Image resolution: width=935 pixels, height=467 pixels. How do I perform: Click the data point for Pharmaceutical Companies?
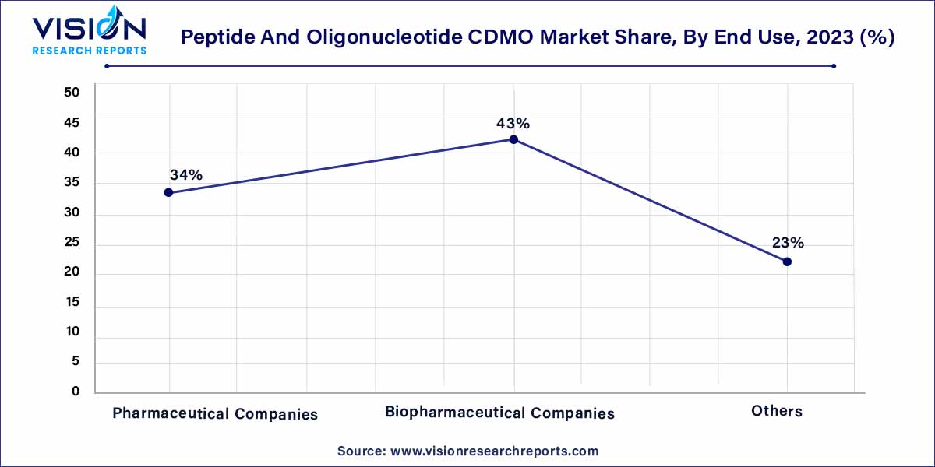(168, 192)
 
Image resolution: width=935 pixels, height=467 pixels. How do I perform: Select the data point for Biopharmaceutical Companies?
(513, 139)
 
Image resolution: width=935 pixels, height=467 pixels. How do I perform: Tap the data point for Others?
(787, 262)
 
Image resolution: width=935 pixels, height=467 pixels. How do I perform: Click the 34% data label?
(186, 175)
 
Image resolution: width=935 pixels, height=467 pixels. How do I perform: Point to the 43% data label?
(513, 123)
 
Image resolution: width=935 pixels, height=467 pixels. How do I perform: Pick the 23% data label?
(788, 243)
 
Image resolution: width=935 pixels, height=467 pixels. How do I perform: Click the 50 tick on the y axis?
(72, 92)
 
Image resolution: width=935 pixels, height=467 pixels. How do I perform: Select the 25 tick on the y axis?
(72, 244)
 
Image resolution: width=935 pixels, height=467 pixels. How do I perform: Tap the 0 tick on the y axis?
(76, 392)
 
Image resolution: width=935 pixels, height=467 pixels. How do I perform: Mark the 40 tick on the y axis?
(72, 153)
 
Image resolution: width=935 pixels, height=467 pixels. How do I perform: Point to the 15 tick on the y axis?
(72, 303)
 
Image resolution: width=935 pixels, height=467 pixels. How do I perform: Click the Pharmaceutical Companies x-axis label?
(215, 414)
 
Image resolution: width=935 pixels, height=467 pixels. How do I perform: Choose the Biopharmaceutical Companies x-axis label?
(499, 413)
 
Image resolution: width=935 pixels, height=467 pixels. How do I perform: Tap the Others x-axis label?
(777, 411)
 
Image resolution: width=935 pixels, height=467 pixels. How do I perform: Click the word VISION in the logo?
(87, 29)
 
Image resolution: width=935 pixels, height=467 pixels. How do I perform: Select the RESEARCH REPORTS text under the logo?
(89, 50)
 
